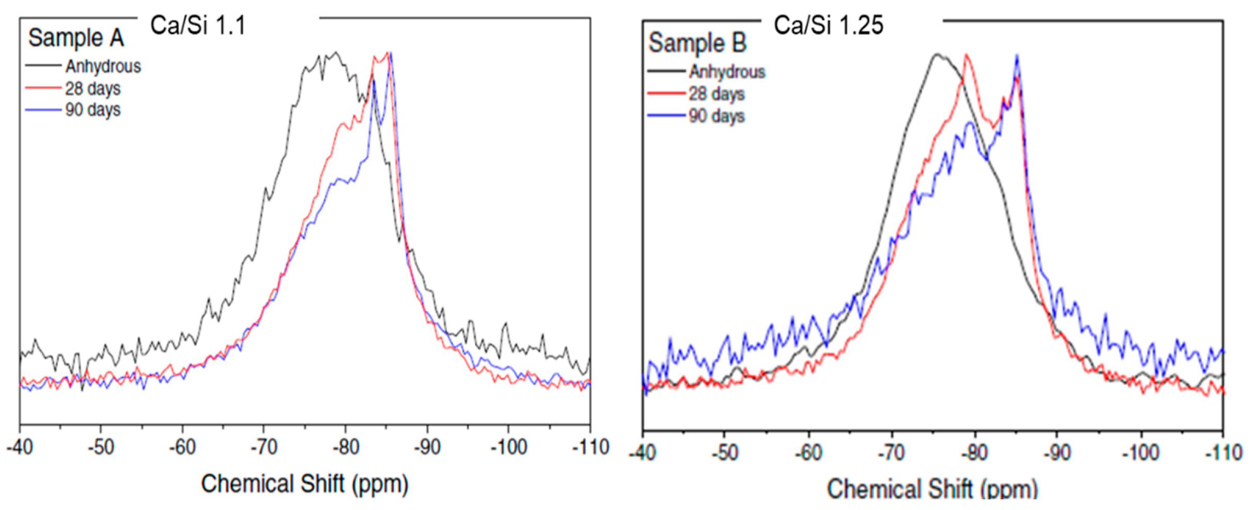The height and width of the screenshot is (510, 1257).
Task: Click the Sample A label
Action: coord(76,38)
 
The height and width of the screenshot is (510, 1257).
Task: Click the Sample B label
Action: coord(697,42)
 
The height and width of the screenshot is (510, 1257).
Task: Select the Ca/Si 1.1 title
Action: coord(198,25)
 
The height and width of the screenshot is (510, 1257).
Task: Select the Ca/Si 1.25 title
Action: coord(828,25)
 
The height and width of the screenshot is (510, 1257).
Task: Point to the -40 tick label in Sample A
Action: coord(20,447)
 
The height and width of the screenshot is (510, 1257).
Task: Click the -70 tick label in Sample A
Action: coord(264,447)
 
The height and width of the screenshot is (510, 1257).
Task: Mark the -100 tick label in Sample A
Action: coord(508,447)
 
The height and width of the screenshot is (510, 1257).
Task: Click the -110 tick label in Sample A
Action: coord(591,447)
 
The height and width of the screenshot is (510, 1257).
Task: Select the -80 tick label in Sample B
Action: coord(974,453)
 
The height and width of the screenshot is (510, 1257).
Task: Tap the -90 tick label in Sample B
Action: coord(1057,453)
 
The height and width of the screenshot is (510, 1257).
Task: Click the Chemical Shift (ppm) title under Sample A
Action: coord(304,484)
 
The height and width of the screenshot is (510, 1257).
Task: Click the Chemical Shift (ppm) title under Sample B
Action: coord(932,488)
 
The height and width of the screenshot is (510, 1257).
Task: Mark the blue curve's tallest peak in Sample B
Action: coord(1017,56)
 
